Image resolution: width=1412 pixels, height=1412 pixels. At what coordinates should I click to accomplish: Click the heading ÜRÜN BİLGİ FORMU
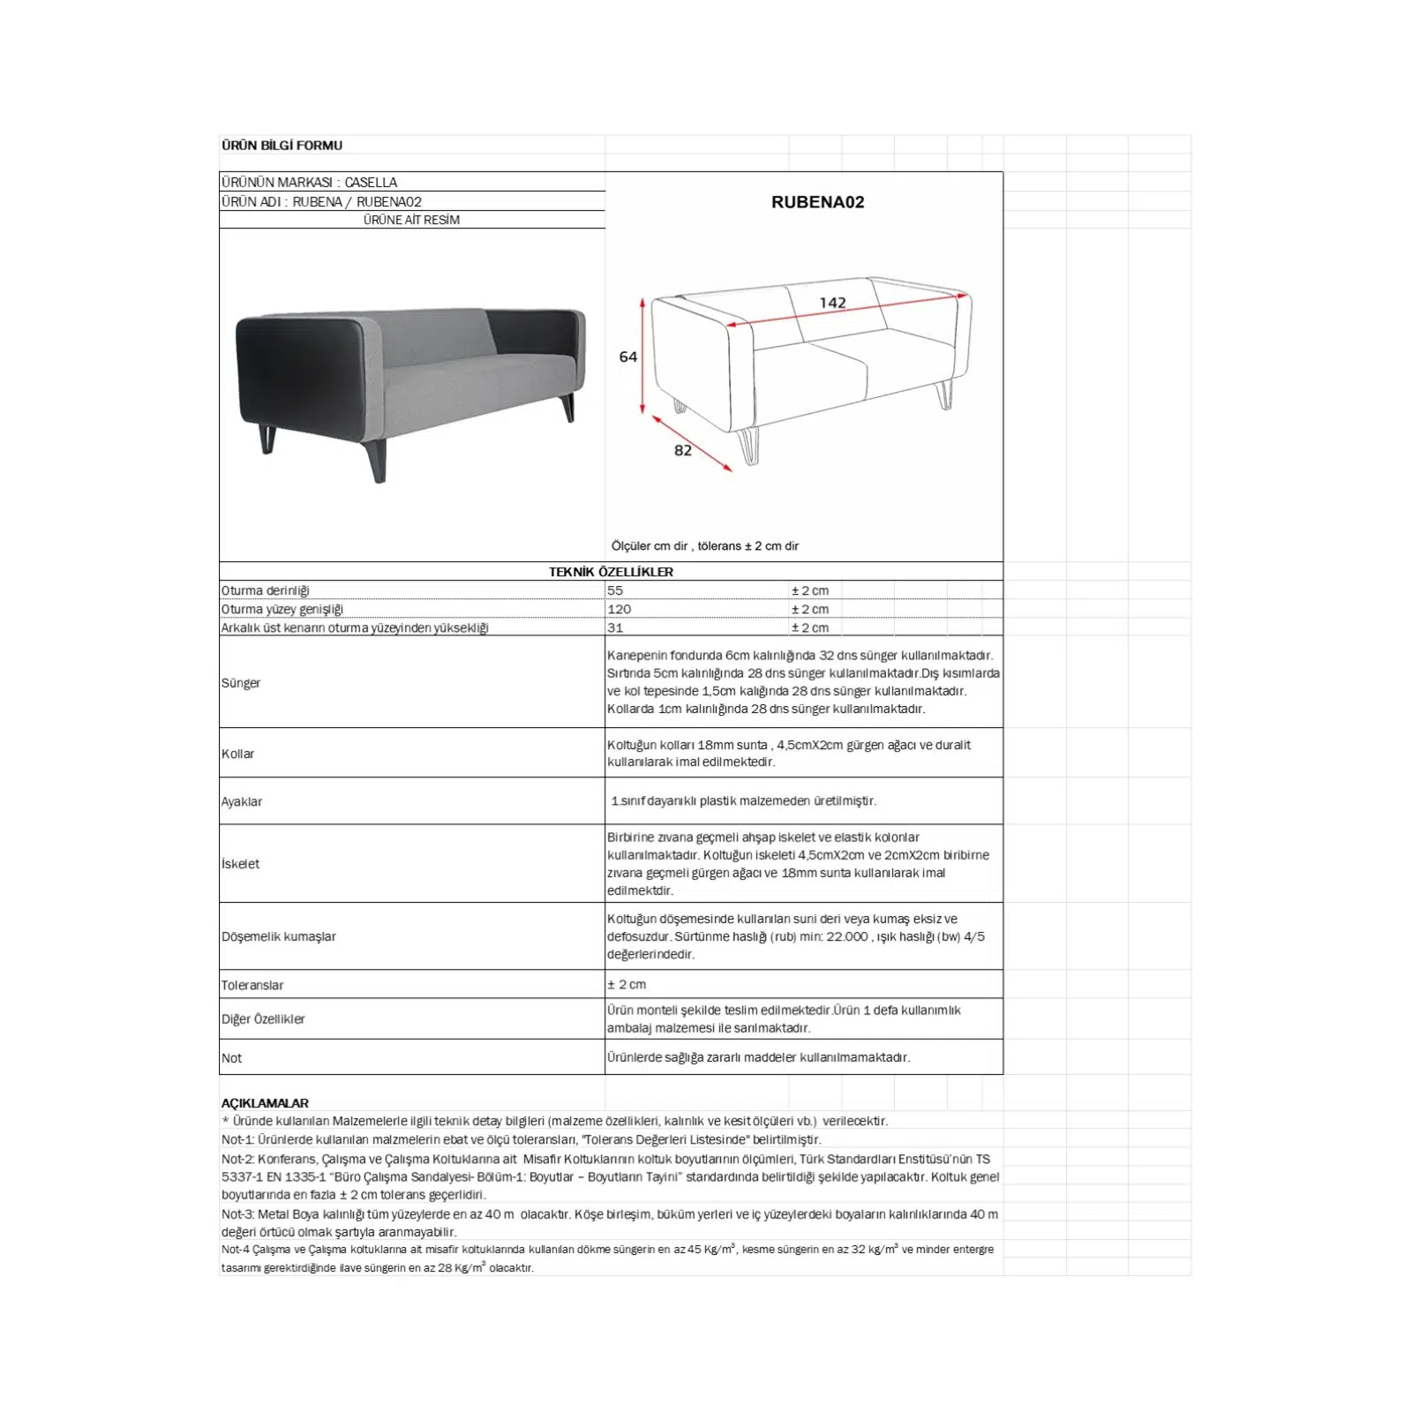point(282,146)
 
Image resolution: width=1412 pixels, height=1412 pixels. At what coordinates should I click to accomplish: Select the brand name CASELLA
point(371,183)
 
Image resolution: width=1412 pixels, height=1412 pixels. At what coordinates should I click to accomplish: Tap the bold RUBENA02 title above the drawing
point(817,202)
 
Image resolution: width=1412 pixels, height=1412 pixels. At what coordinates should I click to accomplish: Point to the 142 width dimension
point(832,303)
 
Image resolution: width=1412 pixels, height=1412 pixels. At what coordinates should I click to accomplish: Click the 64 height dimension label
point(627,357)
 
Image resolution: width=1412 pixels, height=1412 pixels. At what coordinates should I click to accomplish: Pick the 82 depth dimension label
point(682,450)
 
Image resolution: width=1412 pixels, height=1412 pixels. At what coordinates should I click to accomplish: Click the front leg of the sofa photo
point(377,462)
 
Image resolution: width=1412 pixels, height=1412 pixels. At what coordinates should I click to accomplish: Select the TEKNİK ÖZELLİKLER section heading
point(611,572)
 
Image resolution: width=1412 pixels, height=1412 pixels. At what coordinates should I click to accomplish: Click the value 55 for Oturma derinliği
point(615,590)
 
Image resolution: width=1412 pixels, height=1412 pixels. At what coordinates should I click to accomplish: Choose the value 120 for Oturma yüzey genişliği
point(619,609)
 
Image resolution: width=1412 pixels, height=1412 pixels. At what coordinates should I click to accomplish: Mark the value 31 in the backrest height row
point(615,627)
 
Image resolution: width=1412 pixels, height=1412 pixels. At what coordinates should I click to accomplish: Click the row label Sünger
point(241,683)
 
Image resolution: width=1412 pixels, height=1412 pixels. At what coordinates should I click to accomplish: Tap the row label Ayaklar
point(242,801)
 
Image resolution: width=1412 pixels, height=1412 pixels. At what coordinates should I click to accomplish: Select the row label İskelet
point(241,864)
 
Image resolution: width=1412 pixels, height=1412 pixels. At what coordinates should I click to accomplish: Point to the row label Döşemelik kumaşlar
point(279,936)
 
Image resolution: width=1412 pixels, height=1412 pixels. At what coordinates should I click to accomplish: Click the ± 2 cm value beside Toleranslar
point(627,984)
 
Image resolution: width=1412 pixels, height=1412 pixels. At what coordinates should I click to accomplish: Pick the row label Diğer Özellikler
point(263,1019)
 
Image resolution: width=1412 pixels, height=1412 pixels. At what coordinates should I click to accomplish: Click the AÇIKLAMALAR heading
point(265,1103)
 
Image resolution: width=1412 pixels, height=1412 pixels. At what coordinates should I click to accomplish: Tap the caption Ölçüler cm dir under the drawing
point(650,546)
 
